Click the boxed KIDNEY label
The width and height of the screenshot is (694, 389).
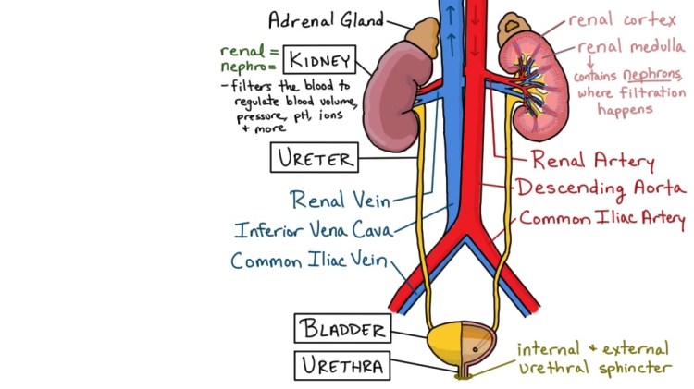tap(317, 62)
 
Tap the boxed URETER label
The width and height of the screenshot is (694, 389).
tap(313, 158)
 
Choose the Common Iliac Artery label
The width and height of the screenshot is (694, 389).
tap(601, 220)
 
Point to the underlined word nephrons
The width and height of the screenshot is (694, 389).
tap(644, 76)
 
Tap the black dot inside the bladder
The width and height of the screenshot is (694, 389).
tap(477, 350)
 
